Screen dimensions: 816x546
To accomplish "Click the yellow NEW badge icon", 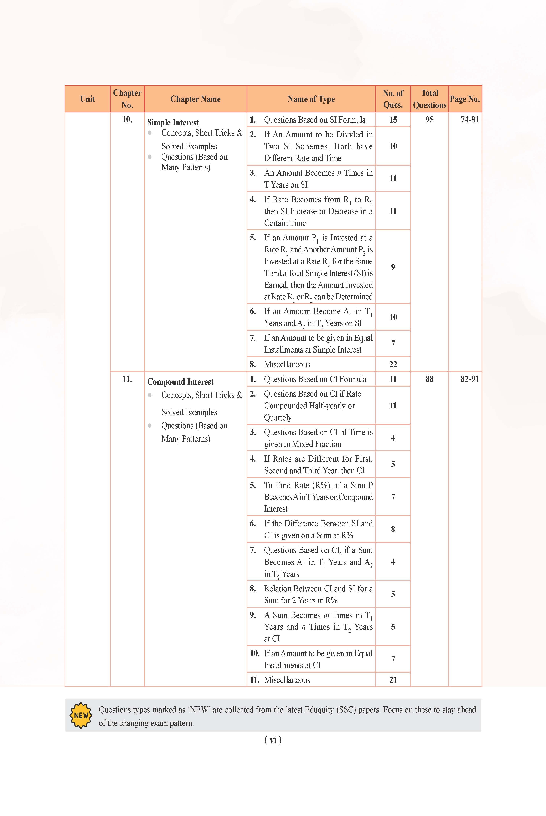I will [x=81, y=715].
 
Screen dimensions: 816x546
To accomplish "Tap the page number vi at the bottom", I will [x=273, y=740].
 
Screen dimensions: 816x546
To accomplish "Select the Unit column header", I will [x=87, y=99].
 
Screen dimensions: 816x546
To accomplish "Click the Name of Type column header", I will [x=311, y=99].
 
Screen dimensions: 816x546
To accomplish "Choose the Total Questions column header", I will [x=429, y=99].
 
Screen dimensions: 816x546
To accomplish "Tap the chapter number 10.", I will [x=127, y=120].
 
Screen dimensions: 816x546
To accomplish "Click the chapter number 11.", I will [x=127, y=379].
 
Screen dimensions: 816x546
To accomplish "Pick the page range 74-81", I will [x=469, y=120].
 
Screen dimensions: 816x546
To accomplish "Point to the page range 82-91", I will [x=469, y=379].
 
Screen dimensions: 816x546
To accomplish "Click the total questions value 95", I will [x=429, y=120].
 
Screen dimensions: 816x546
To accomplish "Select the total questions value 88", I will [x=429, y=379].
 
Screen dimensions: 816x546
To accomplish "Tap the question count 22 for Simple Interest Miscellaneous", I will [x=393, y=364].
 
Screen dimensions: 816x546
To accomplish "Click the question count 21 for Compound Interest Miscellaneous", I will [x=393, y=679].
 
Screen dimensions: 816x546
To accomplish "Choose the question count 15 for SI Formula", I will [x=393, y=120].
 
